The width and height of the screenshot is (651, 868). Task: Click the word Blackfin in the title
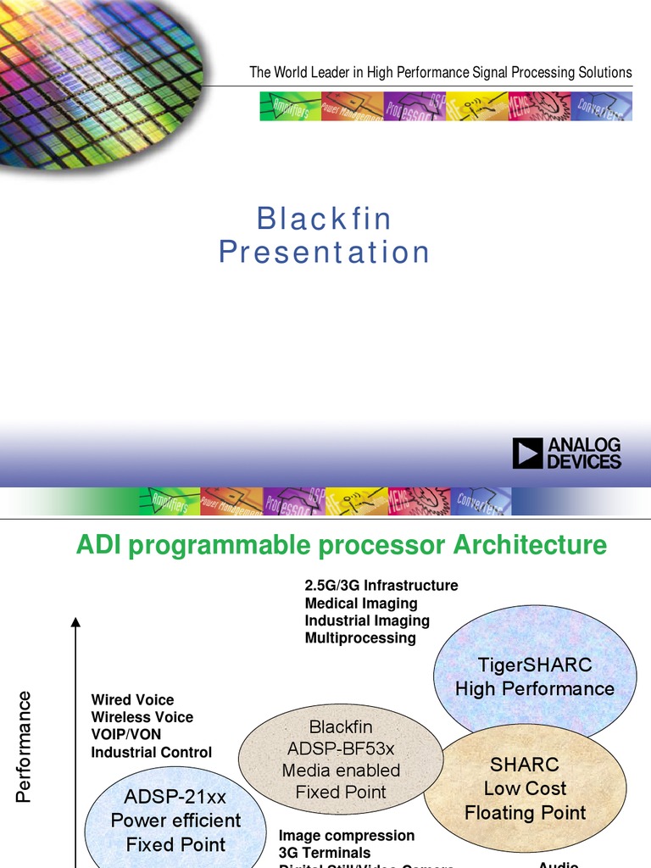[x=325, y=220]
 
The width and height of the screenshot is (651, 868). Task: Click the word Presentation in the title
[x=325, y=253]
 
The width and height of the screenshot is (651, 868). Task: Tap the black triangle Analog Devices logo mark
[x=526, y=453]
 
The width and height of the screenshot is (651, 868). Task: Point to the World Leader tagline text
[x=440, y=72]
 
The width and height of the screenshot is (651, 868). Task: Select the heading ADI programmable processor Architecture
[x=342, y=545]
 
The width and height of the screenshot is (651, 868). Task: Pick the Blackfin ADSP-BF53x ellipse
[x=341, y=759]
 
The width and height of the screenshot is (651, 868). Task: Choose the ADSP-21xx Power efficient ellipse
[x=175, y=821]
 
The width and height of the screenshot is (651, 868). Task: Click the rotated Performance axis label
[x=24, y=746]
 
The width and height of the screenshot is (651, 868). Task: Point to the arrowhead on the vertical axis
[x=75, y=623]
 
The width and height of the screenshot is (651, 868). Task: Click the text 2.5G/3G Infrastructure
[x=381, y=586]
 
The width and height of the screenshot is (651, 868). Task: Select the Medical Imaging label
[x=361, y=604]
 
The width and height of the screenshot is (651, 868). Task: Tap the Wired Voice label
[x=132, y=700]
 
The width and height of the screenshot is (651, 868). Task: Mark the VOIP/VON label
[x=125, y=734]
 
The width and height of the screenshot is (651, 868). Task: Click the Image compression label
[x=347, y=836]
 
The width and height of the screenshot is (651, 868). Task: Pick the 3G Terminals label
[x=325, y=853]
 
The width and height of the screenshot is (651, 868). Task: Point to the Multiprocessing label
[x=360, y=637]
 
